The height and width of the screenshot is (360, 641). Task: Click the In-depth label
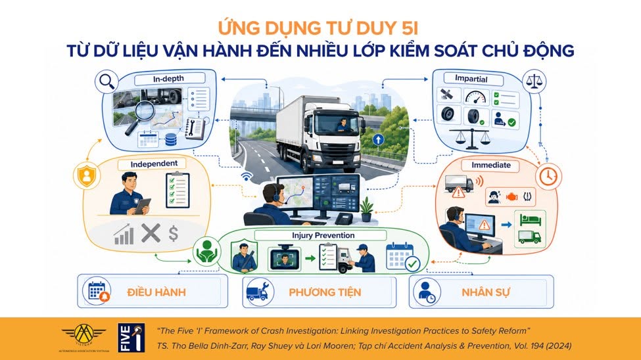point(168,78)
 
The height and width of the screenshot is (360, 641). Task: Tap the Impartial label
point(471,78)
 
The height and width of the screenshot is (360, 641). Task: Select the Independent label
point(154,164)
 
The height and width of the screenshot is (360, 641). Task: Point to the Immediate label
point(491,165)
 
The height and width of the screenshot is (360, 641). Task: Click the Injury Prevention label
point(323,235)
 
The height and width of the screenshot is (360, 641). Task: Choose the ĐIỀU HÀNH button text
point(156,292)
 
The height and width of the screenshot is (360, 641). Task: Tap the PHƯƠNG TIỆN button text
point(325,292)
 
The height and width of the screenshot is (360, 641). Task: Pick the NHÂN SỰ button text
point(486,292)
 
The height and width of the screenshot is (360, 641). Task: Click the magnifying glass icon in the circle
point(107,81)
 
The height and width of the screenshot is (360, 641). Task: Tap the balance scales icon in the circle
point(534,81)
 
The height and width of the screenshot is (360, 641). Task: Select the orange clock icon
point(548,177)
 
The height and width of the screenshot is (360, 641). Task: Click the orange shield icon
point(87,175)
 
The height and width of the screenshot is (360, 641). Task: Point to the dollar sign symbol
point(174,234)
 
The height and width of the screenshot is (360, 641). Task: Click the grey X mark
point(151,233)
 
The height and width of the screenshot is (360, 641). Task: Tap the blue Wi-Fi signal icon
point(247,176)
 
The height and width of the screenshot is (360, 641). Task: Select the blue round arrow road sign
point(378,140)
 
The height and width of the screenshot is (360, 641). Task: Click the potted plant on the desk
point(366,209)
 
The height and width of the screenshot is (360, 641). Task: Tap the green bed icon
point(530,220)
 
